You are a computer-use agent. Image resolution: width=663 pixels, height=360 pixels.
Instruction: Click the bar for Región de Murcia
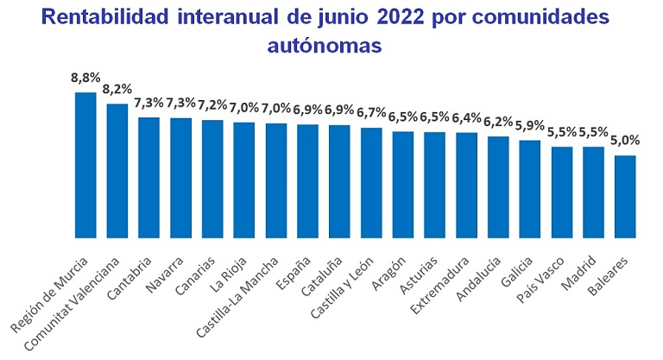click(85, 164)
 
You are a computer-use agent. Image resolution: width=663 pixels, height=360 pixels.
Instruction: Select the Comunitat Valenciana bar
click(117, 170)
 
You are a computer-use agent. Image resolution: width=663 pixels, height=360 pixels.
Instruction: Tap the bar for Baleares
click(626, 196)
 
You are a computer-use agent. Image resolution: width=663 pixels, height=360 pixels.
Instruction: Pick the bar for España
click(308, 180)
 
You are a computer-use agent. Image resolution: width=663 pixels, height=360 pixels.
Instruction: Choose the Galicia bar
click(530, 188)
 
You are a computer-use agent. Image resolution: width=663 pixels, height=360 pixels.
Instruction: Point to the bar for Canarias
click(212, 178)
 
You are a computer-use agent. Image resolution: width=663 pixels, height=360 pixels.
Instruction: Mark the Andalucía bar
click(498, 186)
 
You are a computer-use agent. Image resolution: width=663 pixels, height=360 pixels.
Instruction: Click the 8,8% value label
click(85, 79)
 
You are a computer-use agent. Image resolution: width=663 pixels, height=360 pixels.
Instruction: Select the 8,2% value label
click(117, 90)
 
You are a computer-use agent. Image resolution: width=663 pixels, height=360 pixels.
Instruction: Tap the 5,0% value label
click(626, 142)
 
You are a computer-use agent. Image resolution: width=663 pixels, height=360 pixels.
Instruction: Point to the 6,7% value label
click(371, 114)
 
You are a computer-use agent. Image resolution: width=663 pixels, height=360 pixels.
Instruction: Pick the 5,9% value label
click(530, 127)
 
